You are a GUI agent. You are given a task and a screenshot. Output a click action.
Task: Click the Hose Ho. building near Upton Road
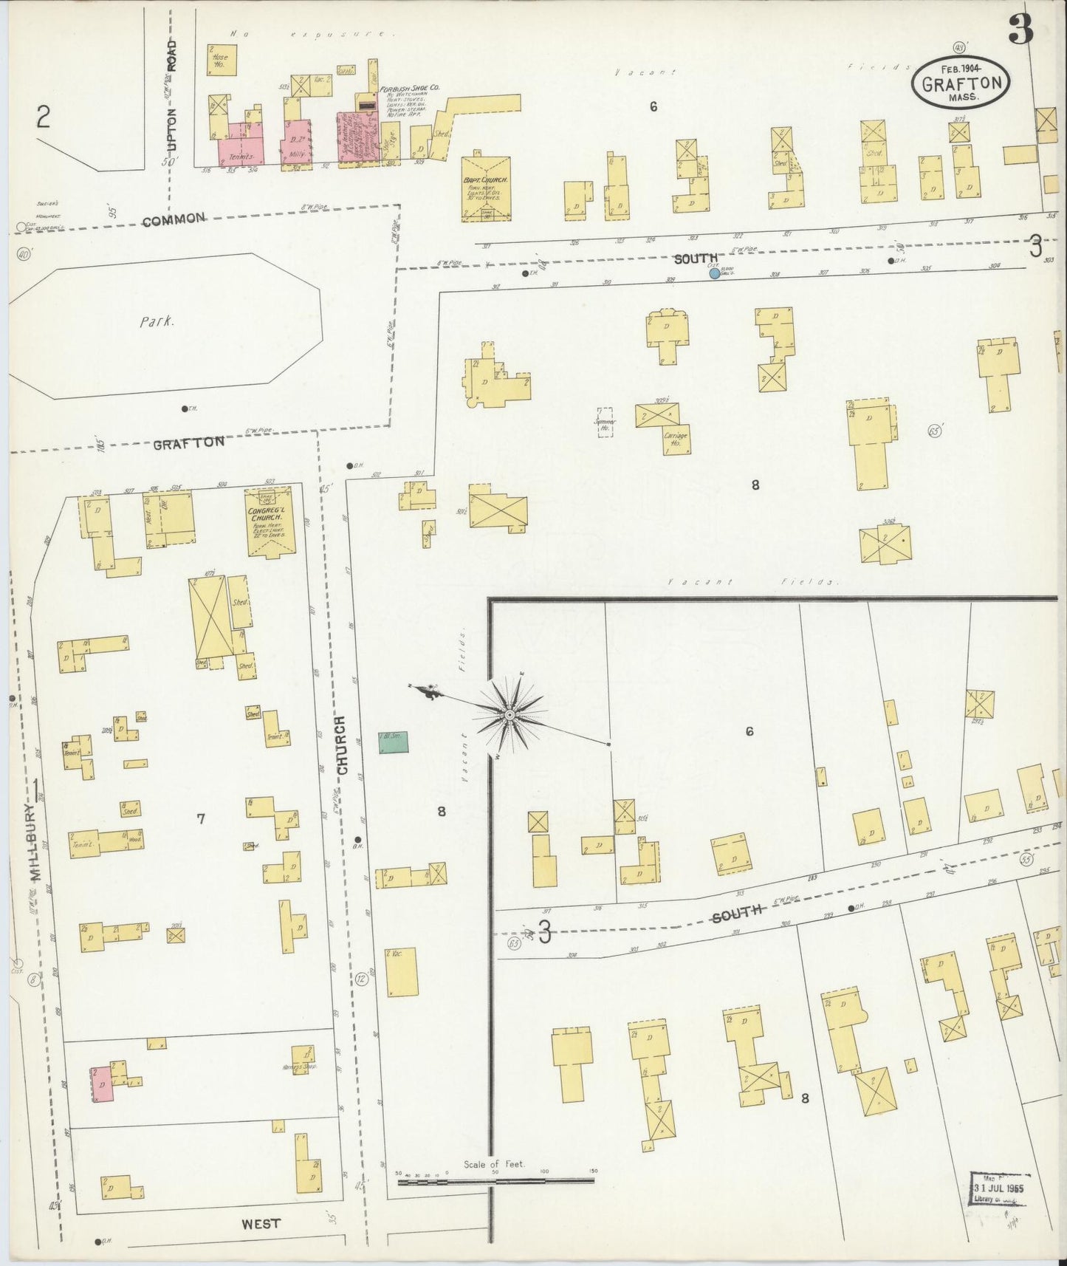(221, 60)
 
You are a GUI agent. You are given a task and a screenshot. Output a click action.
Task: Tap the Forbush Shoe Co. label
(410, 89)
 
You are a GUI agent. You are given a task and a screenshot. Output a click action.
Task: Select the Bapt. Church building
(485, 189)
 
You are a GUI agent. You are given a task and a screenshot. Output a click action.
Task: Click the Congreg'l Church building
(270, 521)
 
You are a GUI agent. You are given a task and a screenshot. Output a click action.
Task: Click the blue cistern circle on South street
(714, 273)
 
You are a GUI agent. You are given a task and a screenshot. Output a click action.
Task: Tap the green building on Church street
(393, 742)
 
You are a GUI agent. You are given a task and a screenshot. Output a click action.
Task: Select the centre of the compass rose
(510, 715)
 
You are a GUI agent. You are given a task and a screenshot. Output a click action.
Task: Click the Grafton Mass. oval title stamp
(961, 83)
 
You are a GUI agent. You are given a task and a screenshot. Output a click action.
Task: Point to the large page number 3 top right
(1020, 30)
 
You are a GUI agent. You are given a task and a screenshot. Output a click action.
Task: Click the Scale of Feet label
(494, 1164)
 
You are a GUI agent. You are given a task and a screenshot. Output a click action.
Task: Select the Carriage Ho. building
(676, 439)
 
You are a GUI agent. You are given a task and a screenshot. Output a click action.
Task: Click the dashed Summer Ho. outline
(605, 422)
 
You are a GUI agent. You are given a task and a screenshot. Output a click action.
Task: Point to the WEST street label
(261, 1224)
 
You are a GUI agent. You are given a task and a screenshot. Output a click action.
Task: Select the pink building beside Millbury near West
(103, 1084)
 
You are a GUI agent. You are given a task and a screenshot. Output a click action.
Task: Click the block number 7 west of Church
(200, 818)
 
